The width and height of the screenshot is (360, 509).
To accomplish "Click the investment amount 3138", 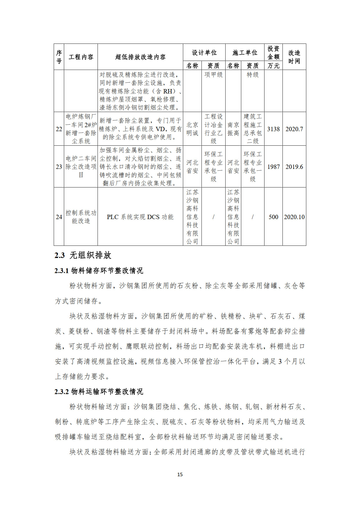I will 273,129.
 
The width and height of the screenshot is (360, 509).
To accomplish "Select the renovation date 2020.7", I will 294,129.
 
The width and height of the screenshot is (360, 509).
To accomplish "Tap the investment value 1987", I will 273,167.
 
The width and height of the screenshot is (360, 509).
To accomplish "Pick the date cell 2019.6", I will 294,167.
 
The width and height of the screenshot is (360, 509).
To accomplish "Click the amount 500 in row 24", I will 273,217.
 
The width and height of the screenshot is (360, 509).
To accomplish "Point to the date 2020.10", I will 294,217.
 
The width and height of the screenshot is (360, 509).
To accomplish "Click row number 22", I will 59,129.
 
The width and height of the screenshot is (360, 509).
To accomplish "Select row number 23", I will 59,167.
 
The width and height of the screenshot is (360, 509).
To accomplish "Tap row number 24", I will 59,217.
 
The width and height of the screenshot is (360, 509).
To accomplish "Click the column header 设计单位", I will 204,53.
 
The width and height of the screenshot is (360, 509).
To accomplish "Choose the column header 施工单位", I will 245,53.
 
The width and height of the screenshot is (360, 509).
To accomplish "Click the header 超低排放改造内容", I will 140,57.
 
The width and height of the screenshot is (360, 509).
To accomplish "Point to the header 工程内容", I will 81,57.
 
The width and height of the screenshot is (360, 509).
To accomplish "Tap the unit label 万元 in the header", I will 273,66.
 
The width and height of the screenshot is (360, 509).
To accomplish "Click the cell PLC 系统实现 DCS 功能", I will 140,217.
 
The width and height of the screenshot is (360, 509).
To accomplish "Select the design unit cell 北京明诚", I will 192,129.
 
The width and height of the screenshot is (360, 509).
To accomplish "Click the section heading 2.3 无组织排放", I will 83,255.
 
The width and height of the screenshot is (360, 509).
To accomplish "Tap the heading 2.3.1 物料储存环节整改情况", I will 99,270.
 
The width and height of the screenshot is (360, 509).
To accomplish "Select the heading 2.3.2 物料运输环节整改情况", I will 99,391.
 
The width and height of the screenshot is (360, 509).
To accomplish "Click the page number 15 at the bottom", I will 180,474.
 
